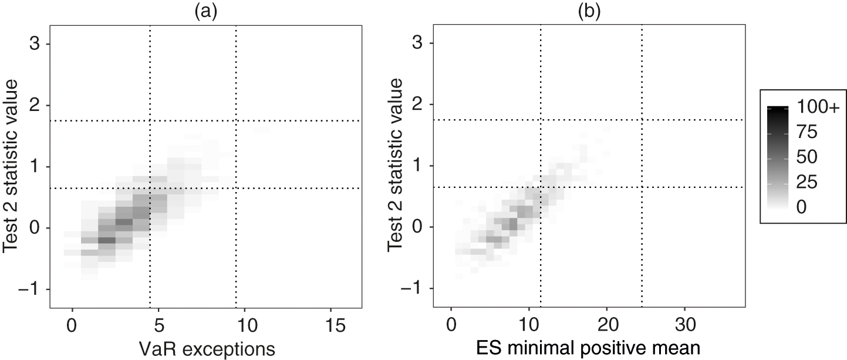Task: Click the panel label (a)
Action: (x=205, y=12)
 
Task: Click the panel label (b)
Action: (x=589, y=12)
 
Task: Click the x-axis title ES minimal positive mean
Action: (x=589, y=348)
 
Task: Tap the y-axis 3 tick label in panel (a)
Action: (x=36, y=45)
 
